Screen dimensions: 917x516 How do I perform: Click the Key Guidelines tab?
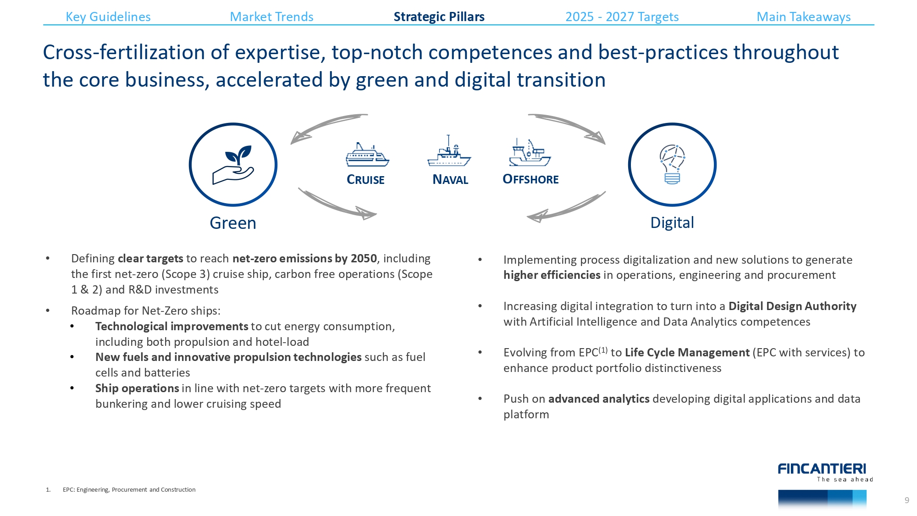point(108,17)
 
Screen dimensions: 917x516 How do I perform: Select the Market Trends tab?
point(271,17)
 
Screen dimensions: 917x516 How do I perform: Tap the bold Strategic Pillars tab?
point(439,17)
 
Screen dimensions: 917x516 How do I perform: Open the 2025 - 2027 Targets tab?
point(622,17)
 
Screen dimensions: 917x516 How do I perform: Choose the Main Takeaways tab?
point(803,17)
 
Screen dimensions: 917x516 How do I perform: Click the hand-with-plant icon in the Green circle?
point(233,165)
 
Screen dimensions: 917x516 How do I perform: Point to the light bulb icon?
point(672,164)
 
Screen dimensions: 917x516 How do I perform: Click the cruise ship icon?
point(367,155)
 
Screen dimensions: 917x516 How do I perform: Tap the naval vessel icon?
point(449,151)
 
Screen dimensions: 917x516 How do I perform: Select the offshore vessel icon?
point(530,153)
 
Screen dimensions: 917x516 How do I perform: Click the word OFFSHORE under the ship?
point(530,179)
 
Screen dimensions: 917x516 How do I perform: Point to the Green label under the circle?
point(233,223)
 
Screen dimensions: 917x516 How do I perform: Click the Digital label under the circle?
point(672,223)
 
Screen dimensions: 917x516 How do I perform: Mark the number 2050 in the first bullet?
point(364,259)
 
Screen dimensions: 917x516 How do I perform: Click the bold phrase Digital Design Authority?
point(792,306)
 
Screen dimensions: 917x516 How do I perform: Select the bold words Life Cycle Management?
point(687,353)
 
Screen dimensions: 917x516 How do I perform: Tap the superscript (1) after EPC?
point(603,350)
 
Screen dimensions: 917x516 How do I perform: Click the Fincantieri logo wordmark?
point(822,469)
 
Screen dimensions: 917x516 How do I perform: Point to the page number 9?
point(907,500)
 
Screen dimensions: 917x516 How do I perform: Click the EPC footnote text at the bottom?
point(129,490)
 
